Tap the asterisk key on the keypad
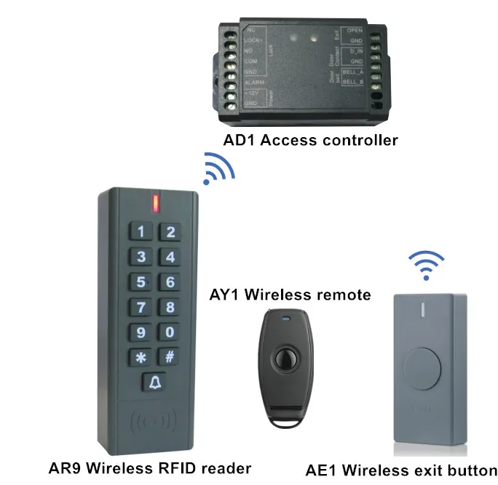141,357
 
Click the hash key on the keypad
169,357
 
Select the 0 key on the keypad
169,333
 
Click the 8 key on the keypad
170,307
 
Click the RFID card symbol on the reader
153,423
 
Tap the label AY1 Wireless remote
290,295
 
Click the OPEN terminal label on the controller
354,31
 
